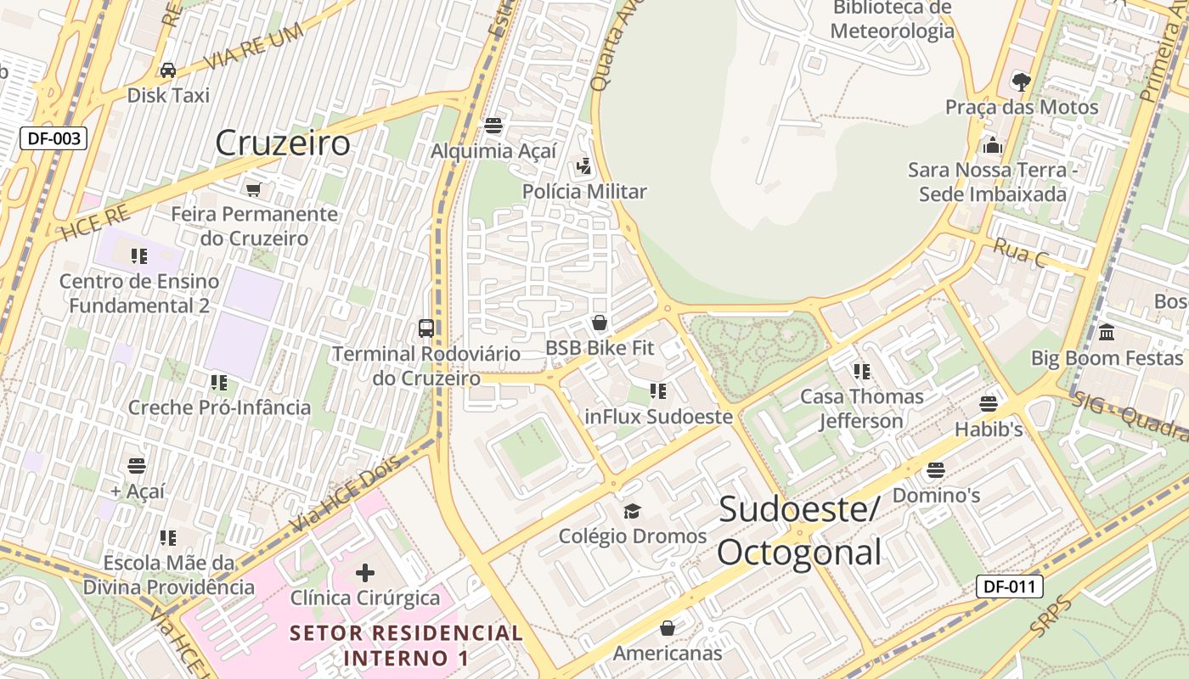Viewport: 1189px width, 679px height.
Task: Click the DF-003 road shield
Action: (x=54, y=137)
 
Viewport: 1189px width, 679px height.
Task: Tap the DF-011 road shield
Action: (x=1009, y=586)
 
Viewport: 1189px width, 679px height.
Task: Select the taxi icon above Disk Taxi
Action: (x=168, y=70)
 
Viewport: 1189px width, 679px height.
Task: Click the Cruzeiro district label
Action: (x=282, y=143)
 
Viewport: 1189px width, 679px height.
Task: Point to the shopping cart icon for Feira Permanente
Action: (x=253, y=188)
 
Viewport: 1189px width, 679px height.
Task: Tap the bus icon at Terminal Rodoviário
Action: (x=426, y=328)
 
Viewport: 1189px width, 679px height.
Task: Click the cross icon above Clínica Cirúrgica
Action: (x=365, y=573)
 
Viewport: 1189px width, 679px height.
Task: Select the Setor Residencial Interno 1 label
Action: (x=406, y=645)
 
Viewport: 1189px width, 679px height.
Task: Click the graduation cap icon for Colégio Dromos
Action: (x=632, y=511)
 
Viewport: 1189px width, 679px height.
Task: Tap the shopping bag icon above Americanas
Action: (x=668, y=628)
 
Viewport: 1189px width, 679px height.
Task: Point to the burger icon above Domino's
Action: (x=936, y=469)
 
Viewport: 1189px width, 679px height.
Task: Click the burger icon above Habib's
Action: (x=989, y=403)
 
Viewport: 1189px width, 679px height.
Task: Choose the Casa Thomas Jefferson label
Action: (x=862, y=408)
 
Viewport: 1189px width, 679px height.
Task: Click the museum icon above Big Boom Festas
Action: (x=1107, y=332)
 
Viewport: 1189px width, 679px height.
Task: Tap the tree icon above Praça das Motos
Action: (x=1022, y=81)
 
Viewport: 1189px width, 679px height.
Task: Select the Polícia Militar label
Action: (x=584, y=192)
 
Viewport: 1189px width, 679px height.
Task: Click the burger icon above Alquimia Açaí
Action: (x=493, y=126)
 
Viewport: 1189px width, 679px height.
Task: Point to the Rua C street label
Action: (x=1019, y=253)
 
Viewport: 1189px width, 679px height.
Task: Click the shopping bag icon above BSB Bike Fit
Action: (x=600, y=323)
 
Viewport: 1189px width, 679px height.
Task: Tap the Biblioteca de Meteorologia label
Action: (x=893, y=20)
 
